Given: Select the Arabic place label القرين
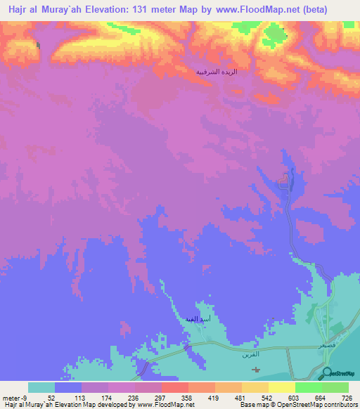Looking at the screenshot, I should click(x=250, y=357).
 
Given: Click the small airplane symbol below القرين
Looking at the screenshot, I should click(x=255, y=370).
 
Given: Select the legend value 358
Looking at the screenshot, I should click(x=187, y=398).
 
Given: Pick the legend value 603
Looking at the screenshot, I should click(x=294, y=398).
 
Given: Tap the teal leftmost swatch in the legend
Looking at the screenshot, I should click(x=41, y=387).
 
